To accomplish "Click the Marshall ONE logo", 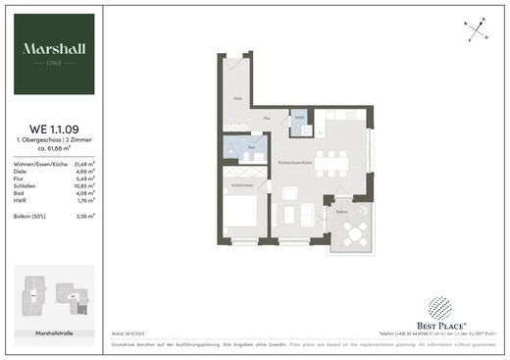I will [56, 54].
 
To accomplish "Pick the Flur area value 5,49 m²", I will [84, 179].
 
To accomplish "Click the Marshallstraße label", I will [55, 334].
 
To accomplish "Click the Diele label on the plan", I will [237, 99].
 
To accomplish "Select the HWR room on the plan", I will [301, 125].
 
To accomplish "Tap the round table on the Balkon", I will [356, 232].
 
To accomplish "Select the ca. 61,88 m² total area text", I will [56, 150].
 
